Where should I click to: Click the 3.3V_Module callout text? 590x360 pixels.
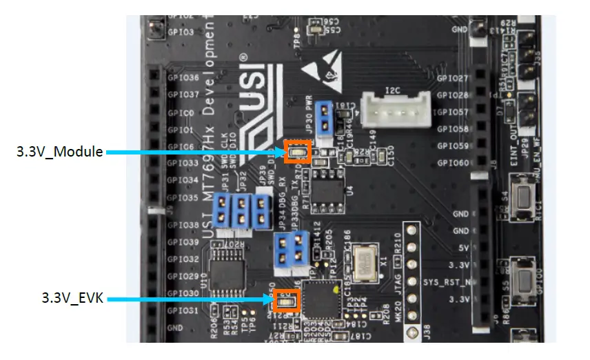coord(60,152)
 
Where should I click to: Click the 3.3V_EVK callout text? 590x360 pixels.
coord(72,299)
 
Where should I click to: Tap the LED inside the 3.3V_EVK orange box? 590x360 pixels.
coord(285,300)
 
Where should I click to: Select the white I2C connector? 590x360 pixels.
coord(398,110)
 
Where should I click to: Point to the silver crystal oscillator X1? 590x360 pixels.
coord(363,263)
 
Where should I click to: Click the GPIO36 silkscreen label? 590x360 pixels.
coord(183,78)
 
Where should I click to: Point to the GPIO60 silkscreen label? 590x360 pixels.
coord(453,163)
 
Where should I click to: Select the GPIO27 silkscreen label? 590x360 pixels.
coord(453,78)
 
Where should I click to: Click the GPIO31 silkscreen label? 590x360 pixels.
coord(183,310)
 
